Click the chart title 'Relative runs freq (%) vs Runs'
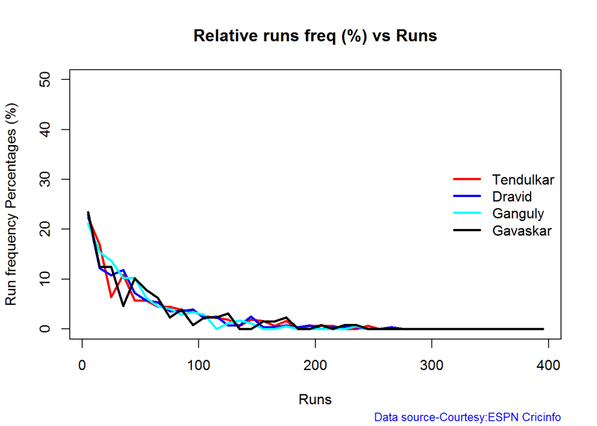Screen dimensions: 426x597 point(315,36)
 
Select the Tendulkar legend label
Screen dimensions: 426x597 point(522,179)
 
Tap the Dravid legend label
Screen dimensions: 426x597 point(511,196)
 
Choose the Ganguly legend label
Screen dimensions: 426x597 point(517,213)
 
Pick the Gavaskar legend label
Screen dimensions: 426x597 point(522,230)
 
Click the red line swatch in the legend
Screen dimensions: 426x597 point(467,179)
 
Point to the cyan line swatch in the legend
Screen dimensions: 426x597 point(467,213)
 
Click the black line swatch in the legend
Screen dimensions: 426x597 point(467,230)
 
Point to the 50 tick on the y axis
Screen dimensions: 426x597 point(50,79)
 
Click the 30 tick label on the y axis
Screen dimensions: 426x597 point(50,179)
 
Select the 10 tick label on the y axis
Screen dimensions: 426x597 point(50,279)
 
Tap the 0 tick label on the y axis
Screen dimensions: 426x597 point(50,329)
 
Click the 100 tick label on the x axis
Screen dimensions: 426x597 point(199,366)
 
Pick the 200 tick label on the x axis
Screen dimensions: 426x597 point(315,366)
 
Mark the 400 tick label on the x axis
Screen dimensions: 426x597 point(548,366)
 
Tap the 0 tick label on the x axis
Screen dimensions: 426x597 point(82,366)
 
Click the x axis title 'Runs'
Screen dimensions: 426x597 point(315,400)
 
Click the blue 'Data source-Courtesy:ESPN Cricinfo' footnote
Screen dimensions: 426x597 point(467,417)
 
